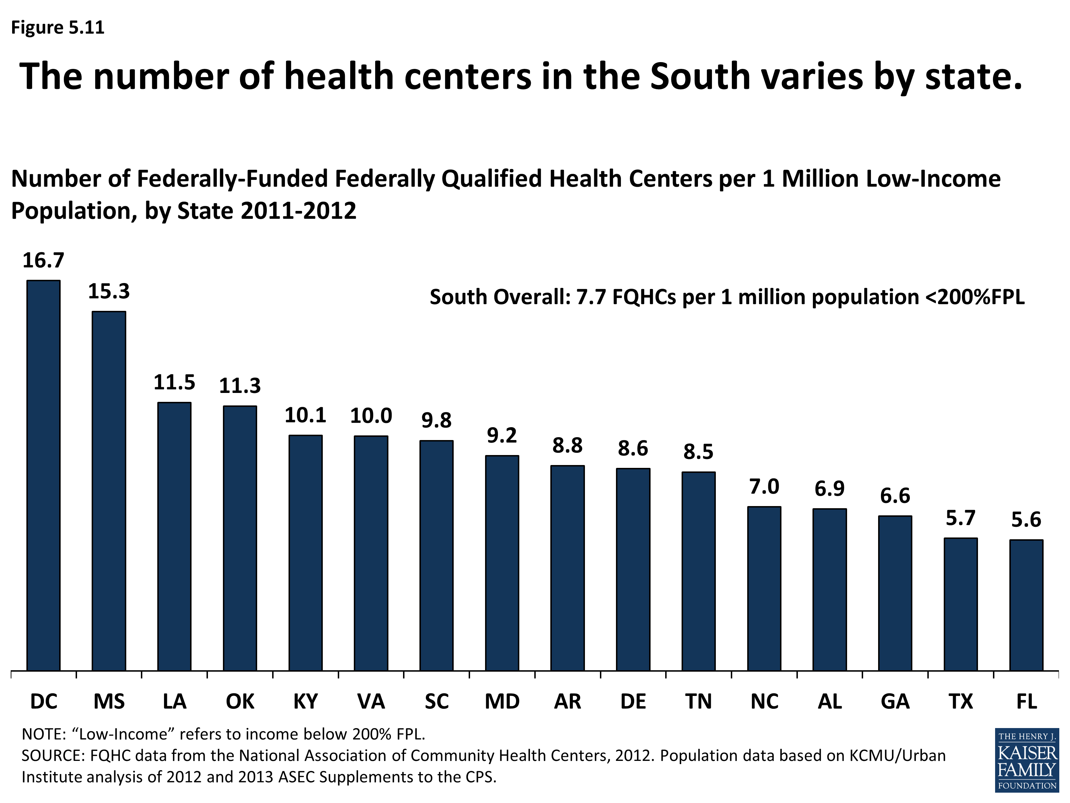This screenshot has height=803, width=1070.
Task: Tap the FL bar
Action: point(1026,605)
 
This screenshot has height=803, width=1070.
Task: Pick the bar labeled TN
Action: point(698,571)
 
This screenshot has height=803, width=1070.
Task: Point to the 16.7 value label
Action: point(44,261)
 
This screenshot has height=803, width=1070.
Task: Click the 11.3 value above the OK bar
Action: point(240,386)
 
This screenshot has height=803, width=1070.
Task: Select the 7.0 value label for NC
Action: point(764,486)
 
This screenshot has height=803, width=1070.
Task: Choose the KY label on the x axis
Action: point(306,701)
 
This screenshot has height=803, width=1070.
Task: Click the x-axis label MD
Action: point(502,701)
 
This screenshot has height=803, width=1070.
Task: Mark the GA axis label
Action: point(895,701)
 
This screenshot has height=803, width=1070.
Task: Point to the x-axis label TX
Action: point(961,701)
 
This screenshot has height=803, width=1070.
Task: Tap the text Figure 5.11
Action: point(57,27)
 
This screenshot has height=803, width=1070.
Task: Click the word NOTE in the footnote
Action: point(44,734)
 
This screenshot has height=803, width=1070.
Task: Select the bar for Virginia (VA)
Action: point(371,553)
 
